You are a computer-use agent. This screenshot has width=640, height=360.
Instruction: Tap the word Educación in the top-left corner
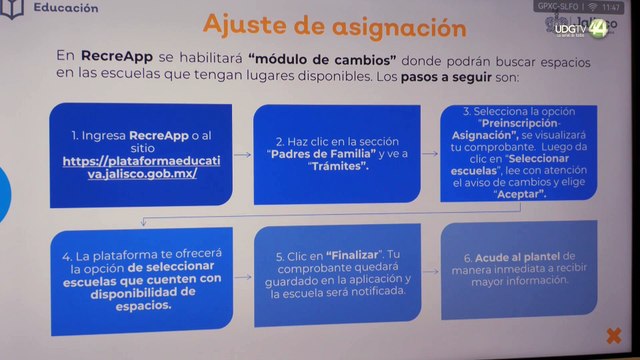(66, 7)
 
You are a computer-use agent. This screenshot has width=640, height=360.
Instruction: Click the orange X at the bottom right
(613, 335)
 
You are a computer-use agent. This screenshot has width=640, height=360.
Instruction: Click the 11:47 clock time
(611, 8)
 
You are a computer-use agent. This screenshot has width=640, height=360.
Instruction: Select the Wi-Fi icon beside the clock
(590, 8)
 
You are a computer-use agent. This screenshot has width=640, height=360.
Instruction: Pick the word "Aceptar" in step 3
(519, 196)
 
